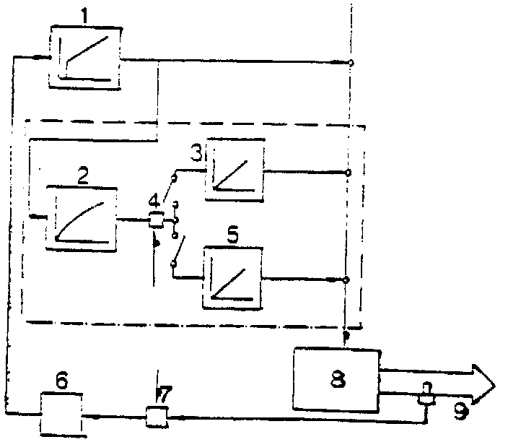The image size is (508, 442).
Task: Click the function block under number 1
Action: click(84, 57)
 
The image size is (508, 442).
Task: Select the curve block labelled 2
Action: click(81, 217)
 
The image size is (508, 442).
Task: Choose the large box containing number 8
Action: click(336, 378)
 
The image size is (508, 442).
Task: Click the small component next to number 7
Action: click(155, 417)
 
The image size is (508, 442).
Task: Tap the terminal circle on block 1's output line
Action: click(351, 64)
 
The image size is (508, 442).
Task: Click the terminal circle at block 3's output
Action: click(348, 173)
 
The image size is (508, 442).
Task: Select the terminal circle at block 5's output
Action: click(347, 279)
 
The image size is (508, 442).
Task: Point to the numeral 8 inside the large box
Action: click(338, 377)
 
